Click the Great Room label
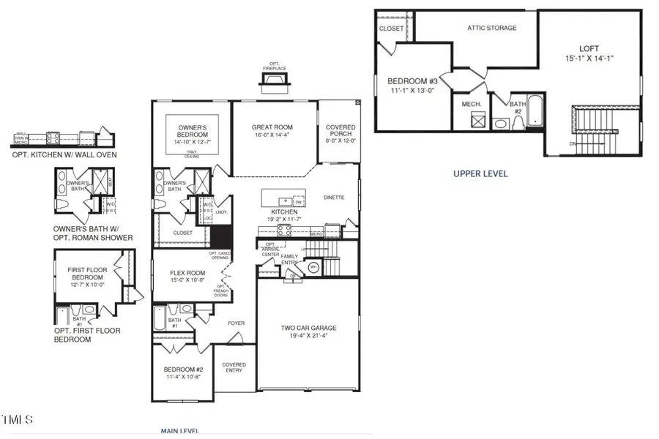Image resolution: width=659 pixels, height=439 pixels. (272, 126)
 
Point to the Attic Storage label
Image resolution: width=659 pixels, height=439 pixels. (492, 28)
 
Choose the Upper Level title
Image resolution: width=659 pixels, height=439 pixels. (480, 174)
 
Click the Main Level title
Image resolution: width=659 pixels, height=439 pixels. (179, 431)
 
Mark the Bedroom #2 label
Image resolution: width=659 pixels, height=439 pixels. (183, 369)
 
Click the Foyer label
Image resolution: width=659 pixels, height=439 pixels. (236, 323)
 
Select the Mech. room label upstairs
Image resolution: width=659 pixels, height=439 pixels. (471, 105)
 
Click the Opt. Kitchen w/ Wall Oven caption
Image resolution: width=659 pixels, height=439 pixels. (64, 154)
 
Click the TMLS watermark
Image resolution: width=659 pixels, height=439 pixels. (18, 420)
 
